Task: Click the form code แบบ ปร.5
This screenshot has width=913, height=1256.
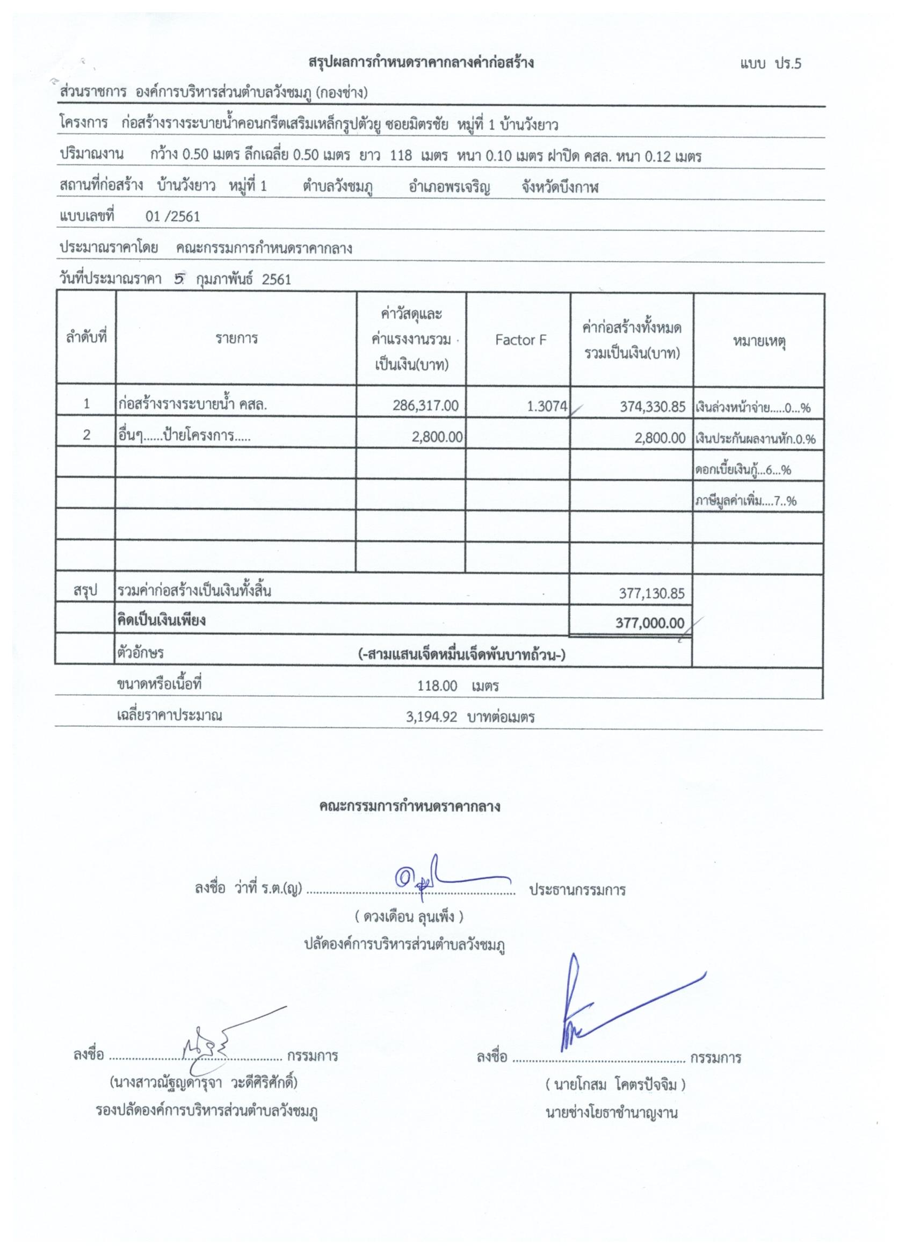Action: pos(770,64)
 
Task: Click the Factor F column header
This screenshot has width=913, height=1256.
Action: pos(520,340)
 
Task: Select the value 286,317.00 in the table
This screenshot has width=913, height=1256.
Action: pos(425,406)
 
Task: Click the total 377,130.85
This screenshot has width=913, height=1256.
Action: pos(651,594)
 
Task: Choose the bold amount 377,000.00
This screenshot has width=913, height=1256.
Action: pos(649,623)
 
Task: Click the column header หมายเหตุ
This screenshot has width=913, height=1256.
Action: pos(759,342)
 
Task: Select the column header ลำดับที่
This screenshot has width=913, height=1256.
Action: pos(86,337)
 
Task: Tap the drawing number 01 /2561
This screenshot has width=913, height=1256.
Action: pos(172,216)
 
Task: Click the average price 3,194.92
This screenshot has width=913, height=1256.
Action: pos(431,717)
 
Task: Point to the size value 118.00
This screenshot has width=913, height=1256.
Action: pos(437,686)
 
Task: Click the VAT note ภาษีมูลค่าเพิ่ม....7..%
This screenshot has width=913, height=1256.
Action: pos(745,502)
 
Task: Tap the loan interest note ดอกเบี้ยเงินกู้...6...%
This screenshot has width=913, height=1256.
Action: pos(742,471)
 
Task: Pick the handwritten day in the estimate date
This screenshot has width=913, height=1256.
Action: pos(178,279)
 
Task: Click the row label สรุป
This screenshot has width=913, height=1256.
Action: pos(85,591)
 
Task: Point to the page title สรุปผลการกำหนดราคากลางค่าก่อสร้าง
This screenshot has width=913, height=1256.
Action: pos(421,62)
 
